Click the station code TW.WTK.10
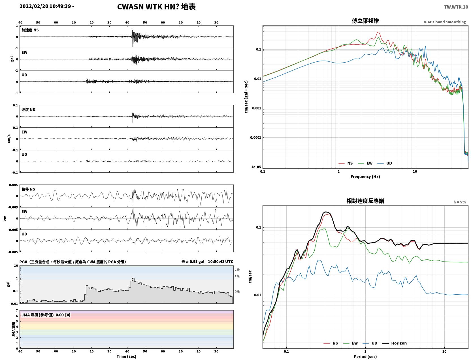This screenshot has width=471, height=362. (x=456, y=7)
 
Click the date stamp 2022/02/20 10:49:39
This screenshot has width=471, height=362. (x=45, y=6)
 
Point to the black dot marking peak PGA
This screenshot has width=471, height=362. (x=133, y=279)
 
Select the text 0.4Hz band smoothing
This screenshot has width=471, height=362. (x=445, y=22)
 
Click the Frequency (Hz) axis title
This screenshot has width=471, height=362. (x=365, y=177)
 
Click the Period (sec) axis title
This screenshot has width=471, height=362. (x=365, y=356)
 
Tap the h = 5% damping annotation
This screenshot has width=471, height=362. (x=459, y=202)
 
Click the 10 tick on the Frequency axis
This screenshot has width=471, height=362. (x=415, y=172)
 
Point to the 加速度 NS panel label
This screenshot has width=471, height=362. (x=30, y=30)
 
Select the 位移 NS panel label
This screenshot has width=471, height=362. (x=28, y=189)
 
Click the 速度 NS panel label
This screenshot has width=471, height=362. (x=28, y=110)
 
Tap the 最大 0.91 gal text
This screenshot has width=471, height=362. (x=193, y=262)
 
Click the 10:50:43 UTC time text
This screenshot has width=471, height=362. (x=220, y=262)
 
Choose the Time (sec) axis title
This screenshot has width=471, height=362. (x=126, y=356)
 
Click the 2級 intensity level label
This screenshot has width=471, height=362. (x=237, y=270)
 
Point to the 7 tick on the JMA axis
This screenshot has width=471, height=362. (x=17, y=310)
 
